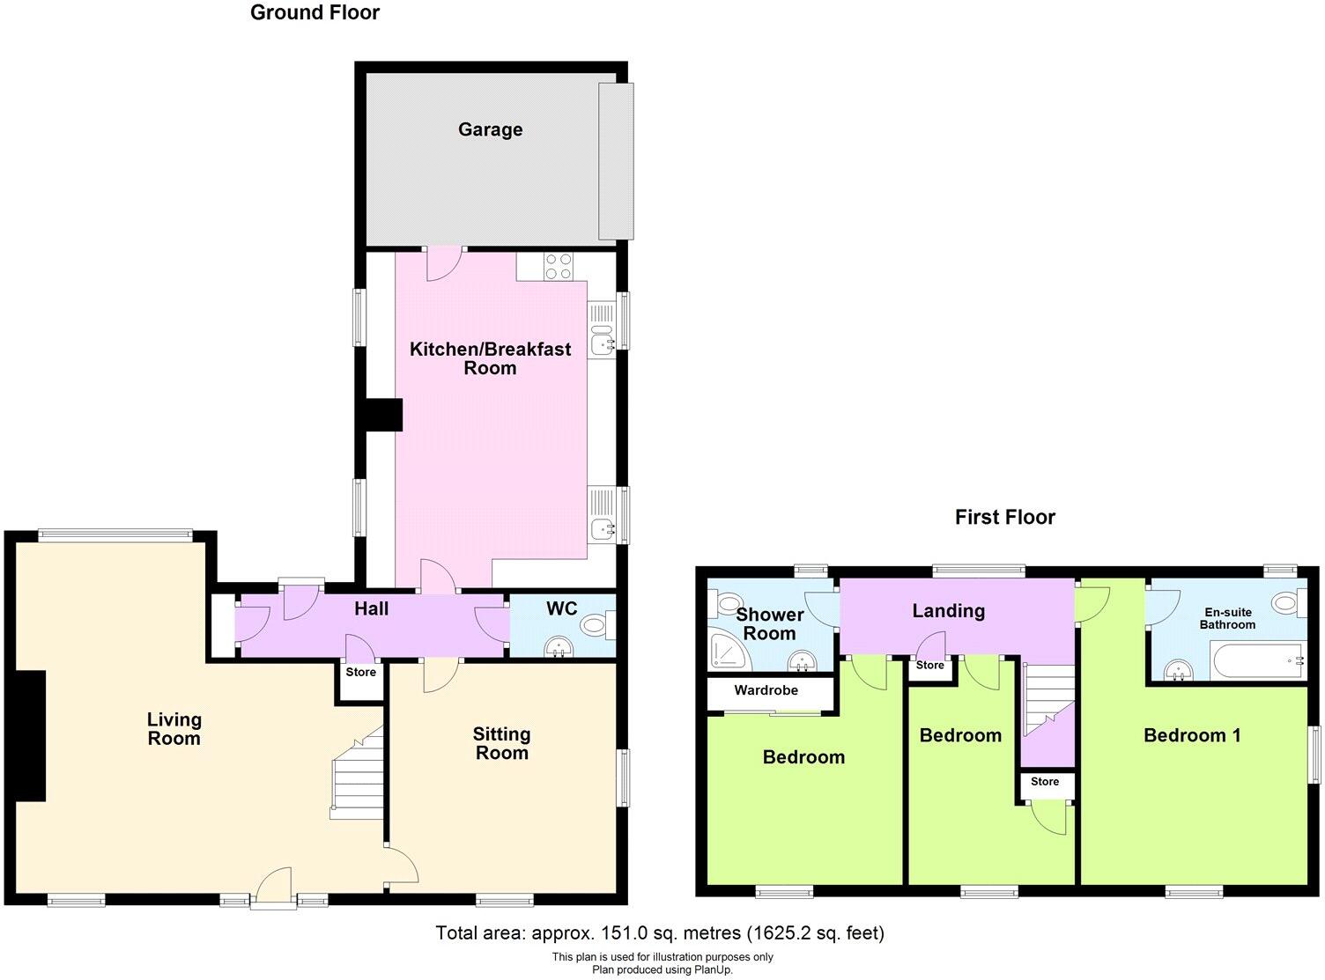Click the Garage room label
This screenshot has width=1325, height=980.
(x=490, y=129)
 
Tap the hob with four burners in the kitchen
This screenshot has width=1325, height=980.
(x=558, y=266)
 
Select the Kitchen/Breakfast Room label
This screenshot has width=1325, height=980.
(x=490, y=358)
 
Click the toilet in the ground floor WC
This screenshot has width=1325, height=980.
(x=597, y=626)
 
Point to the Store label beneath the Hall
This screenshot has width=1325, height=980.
(x=360, y=672)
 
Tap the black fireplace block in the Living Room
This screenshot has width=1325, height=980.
(x=30, y=736)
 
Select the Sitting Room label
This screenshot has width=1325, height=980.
(x=501, y=743)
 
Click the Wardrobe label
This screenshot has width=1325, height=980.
(x=766, y=690)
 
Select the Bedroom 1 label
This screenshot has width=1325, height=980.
(x=1191, y=735)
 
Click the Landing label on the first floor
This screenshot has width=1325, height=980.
(x=948, y=610)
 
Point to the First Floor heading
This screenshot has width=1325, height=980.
(x=1004, y=517)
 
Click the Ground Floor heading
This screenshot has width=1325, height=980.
(x=315, y=12)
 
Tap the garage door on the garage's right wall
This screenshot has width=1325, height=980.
(x=615, y=160)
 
